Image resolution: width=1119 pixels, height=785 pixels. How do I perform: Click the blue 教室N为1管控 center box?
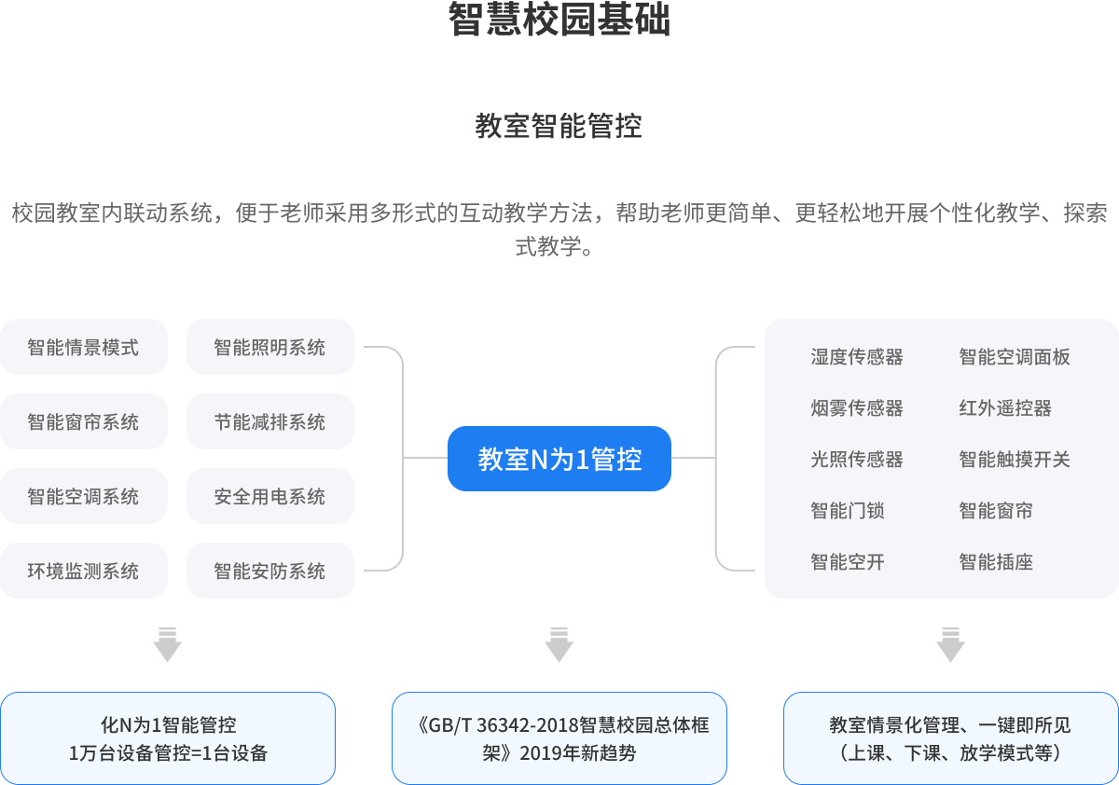(559, 459)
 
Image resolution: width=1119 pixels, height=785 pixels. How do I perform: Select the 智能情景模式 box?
(84, 348)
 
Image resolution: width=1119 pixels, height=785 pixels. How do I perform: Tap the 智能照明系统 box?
(270, 348)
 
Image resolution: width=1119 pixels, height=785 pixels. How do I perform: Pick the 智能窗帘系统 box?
(84, 422)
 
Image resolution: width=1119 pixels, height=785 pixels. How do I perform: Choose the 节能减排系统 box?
(270, 422)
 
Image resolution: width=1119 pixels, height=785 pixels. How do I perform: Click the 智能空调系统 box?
(84, 497)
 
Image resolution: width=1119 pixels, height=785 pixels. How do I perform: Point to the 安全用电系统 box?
(270, 497)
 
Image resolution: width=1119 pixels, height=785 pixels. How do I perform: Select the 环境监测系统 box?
(84, 572)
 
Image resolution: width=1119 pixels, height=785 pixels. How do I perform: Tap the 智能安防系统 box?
(270, 572)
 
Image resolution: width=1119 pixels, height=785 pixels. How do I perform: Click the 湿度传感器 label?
(857, 357)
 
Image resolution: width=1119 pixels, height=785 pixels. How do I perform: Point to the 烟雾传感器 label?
(857, 408)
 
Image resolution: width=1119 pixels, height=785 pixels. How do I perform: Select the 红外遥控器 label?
(1005, 408)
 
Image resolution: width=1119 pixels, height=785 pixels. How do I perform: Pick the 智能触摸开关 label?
(1015, 460)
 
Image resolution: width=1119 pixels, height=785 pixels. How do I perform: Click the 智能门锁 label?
(848, 511)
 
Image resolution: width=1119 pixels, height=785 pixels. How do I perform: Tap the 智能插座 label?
(996, 562)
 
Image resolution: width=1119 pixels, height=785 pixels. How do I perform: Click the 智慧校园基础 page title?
(559, 21)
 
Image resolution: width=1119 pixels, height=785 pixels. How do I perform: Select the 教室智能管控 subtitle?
(559, 126)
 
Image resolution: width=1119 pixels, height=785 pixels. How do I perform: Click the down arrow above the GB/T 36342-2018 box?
(559, 644)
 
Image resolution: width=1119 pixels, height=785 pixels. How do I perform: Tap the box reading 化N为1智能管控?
(168, 738)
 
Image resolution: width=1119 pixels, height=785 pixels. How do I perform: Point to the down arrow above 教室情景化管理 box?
(950, 644)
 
